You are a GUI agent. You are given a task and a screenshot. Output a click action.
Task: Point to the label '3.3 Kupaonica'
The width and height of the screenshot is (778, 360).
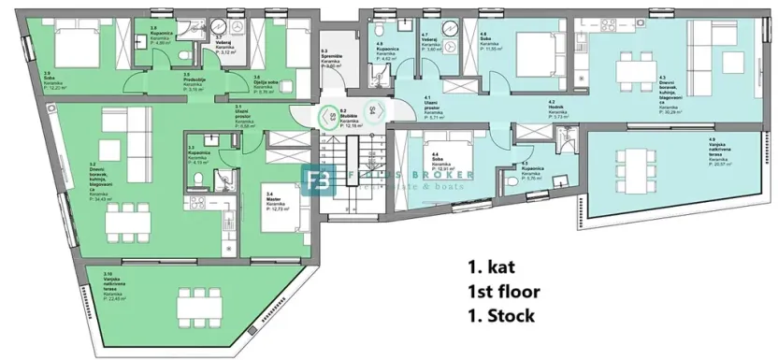coord(197,153)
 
